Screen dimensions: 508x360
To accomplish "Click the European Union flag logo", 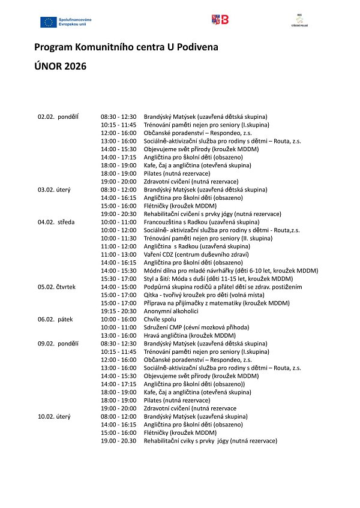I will [48, 22].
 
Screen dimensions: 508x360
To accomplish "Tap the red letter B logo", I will [220, 20].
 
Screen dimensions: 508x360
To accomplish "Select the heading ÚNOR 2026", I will [60, 66].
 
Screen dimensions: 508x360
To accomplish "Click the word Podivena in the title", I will [194, 46].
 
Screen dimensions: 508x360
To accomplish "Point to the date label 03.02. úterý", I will [54, 190].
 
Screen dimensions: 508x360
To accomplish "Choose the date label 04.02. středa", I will [56, 222].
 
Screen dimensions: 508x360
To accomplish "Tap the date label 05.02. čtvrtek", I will [56, 287].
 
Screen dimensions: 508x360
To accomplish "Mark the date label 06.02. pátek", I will [55, 320].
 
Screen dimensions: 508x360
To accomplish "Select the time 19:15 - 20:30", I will [119, 311].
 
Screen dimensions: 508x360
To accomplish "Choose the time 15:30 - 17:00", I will [119, 279].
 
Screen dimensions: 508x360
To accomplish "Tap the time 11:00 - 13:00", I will [119, 254].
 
